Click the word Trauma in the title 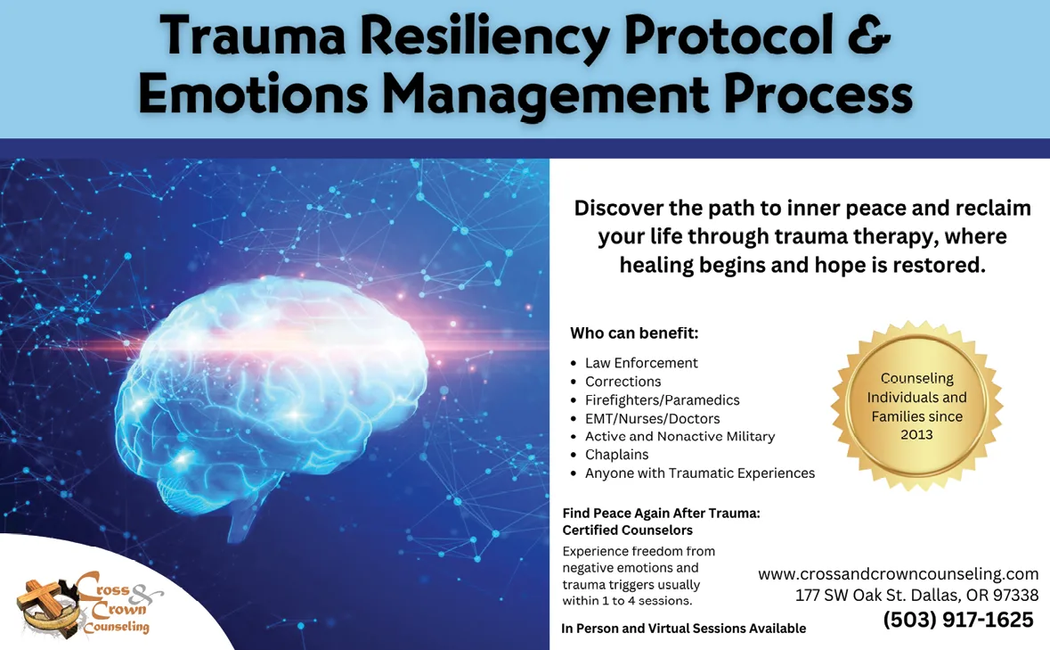[252, 36]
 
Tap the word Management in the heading [545, 93]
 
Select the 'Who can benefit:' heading [633, 333]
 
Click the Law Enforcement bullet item [641, 363]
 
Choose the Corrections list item [623, 382]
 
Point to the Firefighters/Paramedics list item [663, 400]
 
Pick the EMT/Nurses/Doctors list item [652, 419]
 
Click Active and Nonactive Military [680, 436]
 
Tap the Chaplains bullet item [617, 455]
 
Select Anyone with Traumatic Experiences [700, 473]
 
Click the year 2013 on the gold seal [916, 434]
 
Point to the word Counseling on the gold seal [916, 379]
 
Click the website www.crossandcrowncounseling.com [898, 574]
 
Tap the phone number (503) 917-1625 [958, 620]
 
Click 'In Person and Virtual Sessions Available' [684, 629]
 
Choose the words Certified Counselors [628, 530]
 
